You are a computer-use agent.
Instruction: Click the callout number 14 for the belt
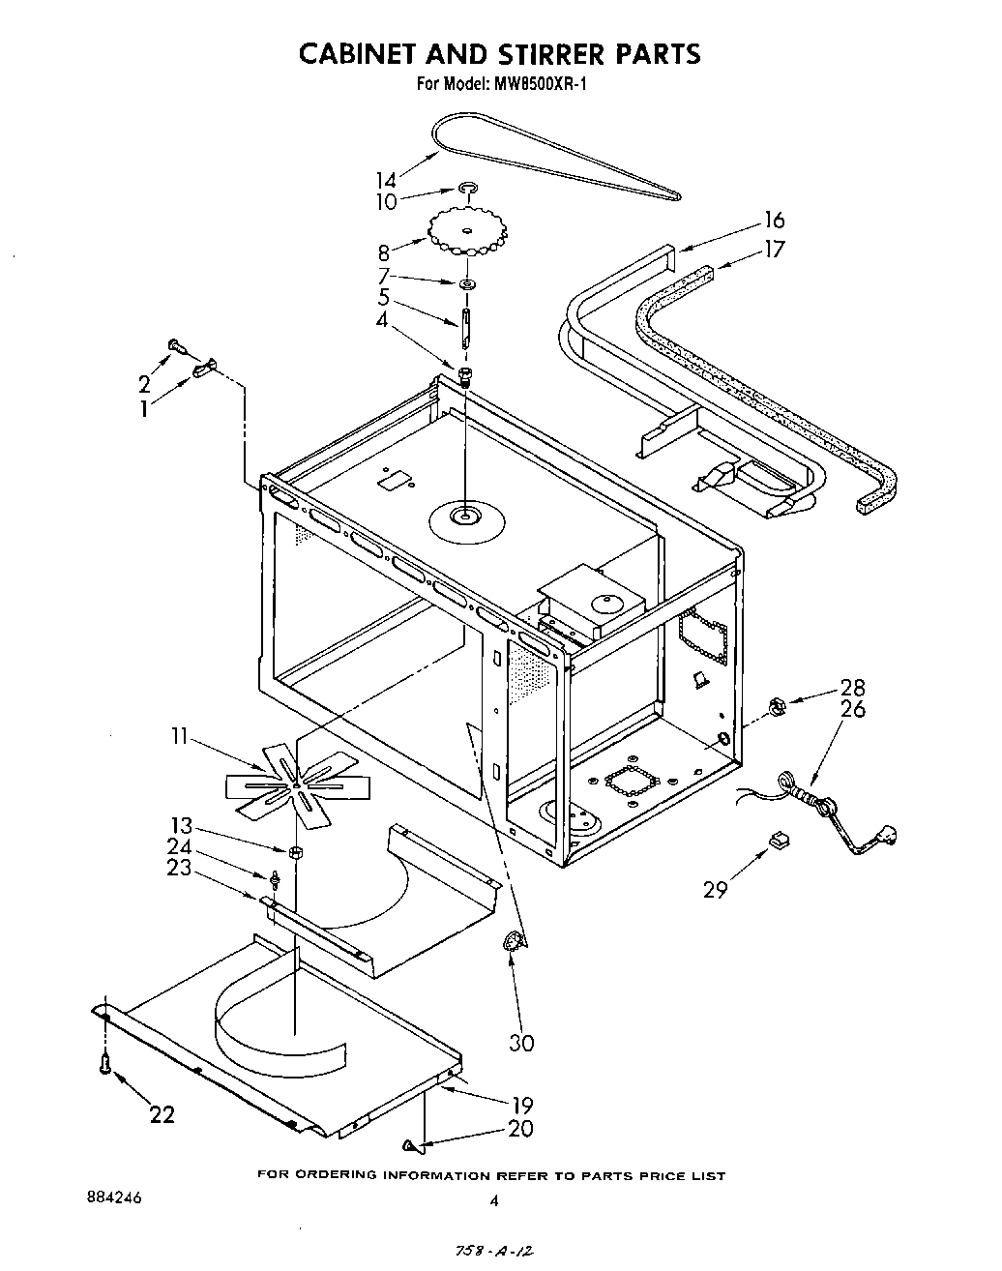(x=386, y=180)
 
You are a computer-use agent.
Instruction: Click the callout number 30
(x=522, y=1043)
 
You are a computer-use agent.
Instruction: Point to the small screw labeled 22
(x=104, y=1065)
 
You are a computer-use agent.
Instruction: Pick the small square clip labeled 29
(x=776, y=841)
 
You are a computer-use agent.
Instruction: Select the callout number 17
(x=774, y=249)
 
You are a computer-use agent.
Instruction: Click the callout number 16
(x=774, y=221)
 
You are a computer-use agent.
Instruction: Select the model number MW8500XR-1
(x=540, y=84)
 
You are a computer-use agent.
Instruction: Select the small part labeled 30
(x=513, y=943)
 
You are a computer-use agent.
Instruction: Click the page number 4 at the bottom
(x=494, y=1201)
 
